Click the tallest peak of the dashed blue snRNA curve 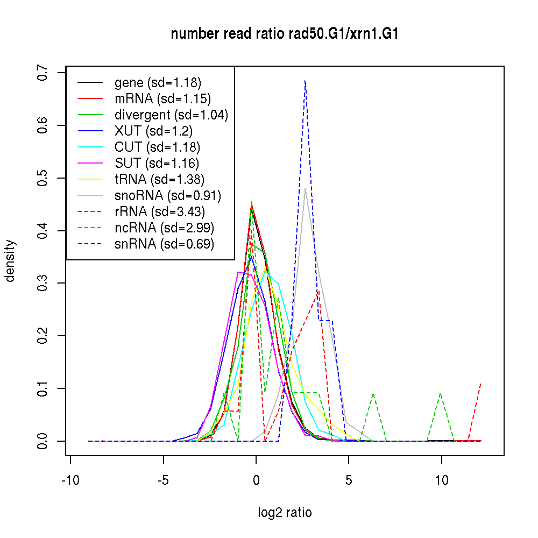305,81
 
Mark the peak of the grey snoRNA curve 305,188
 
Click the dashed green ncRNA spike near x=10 441,394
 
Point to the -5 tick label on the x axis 163,480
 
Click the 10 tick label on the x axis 442,480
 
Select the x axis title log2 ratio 285,513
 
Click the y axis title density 10,260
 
